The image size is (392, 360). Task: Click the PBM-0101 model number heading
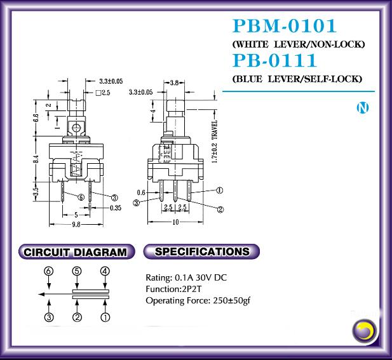pos(285,26)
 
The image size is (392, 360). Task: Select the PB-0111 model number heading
pos(274,60)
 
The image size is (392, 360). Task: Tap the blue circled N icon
pos(363,108)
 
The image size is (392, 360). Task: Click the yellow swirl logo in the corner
pos(365,331)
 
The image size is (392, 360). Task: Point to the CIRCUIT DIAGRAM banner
pos(76,252)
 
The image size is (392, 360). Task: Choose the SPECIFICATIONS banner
pos(201,251)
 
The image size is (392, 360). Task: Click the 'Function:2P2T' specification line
pos(173,289)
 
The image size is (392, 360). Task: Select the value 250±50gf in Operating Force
pos(231,300)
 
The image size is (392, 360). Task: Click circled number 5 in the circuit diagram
pos(77,271)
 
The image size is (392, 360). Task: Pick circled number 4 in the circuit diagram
pos(105,271)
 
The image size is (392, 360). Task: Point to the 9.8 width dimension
pos(76,224)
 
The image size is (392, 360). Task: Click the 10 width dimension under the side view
pos(176,222)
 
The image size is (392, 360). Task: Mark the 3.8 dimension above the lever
pos(174,83)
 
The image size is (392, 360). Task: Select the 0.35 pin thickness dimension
pos(116,208)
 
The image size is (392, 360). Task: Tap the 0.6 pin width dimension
pos(141,192)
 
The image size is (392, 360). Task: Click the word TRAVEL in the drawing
pos(215,130)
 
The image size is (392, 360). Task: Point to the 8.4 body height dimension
pos(36,159)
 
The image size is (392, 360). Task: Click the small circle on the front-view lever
pos(76,128)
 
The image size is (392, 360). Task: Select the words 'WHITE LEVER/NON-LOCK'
pos(298,44)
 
